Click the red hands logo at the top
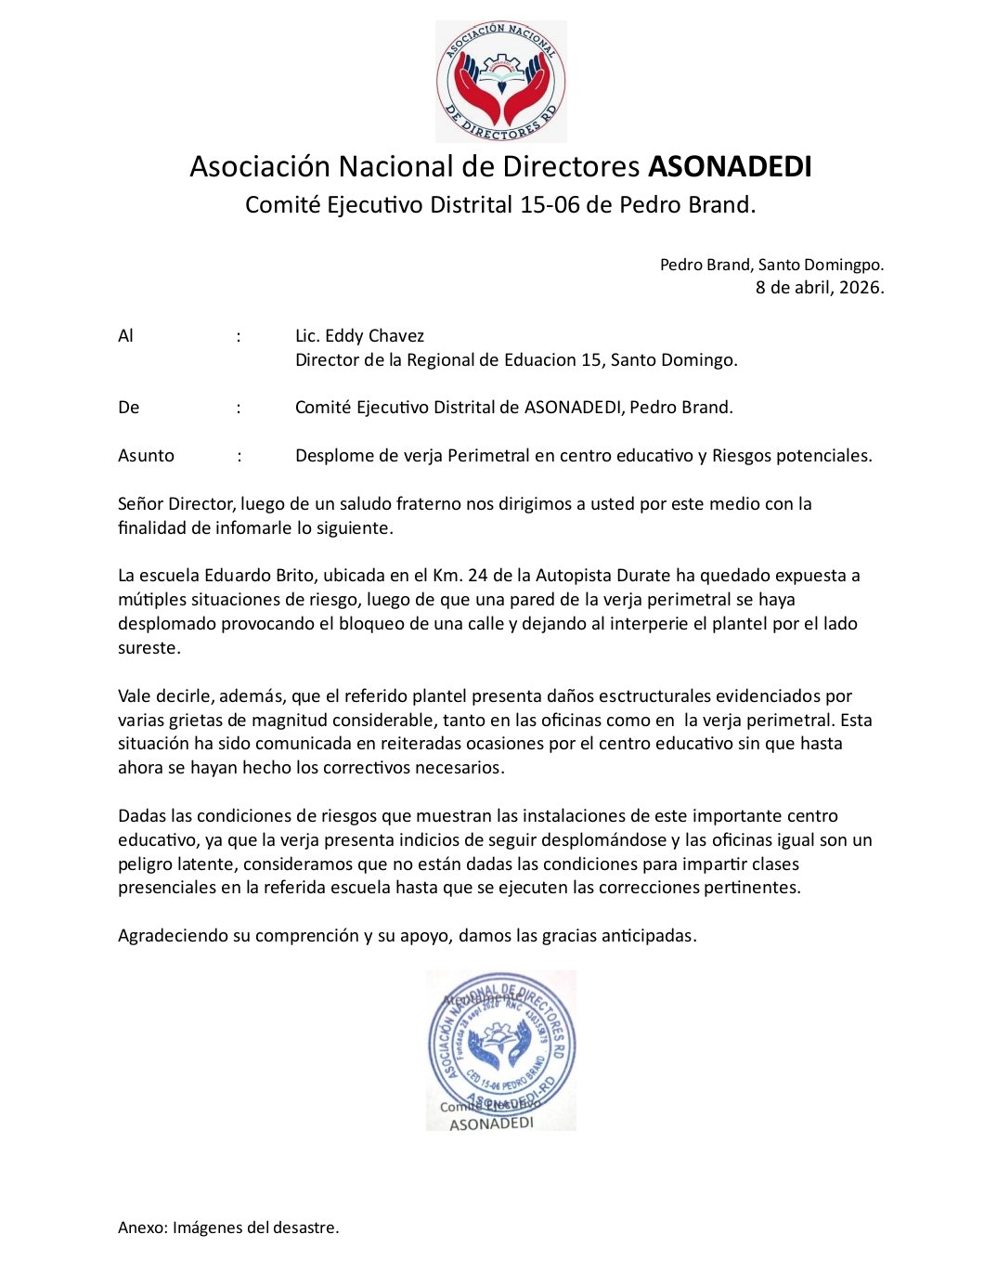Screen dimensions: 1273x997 coord(501,82)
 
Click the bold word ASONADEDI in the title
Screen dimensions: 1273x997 coord(730,166)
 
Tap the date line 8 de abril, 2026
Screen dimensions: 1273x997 coord(820,288)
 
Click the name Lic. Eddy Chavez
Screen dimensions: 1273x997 coord(359,336)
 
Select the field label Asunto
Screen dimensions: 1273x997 coord(146,456)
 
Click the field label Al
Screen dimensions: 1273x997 coord(125,336)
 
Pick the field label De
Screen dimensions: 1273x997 coord(128,408)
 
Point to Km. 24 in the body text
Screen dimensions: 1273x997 coord(447,576)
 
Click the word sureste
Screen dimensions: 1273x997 coord(149,648)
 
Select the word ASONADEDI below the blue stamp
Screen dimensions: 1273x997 coord(491,1124)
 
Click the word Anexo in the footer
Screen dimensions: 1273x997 coord(141,1228)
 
